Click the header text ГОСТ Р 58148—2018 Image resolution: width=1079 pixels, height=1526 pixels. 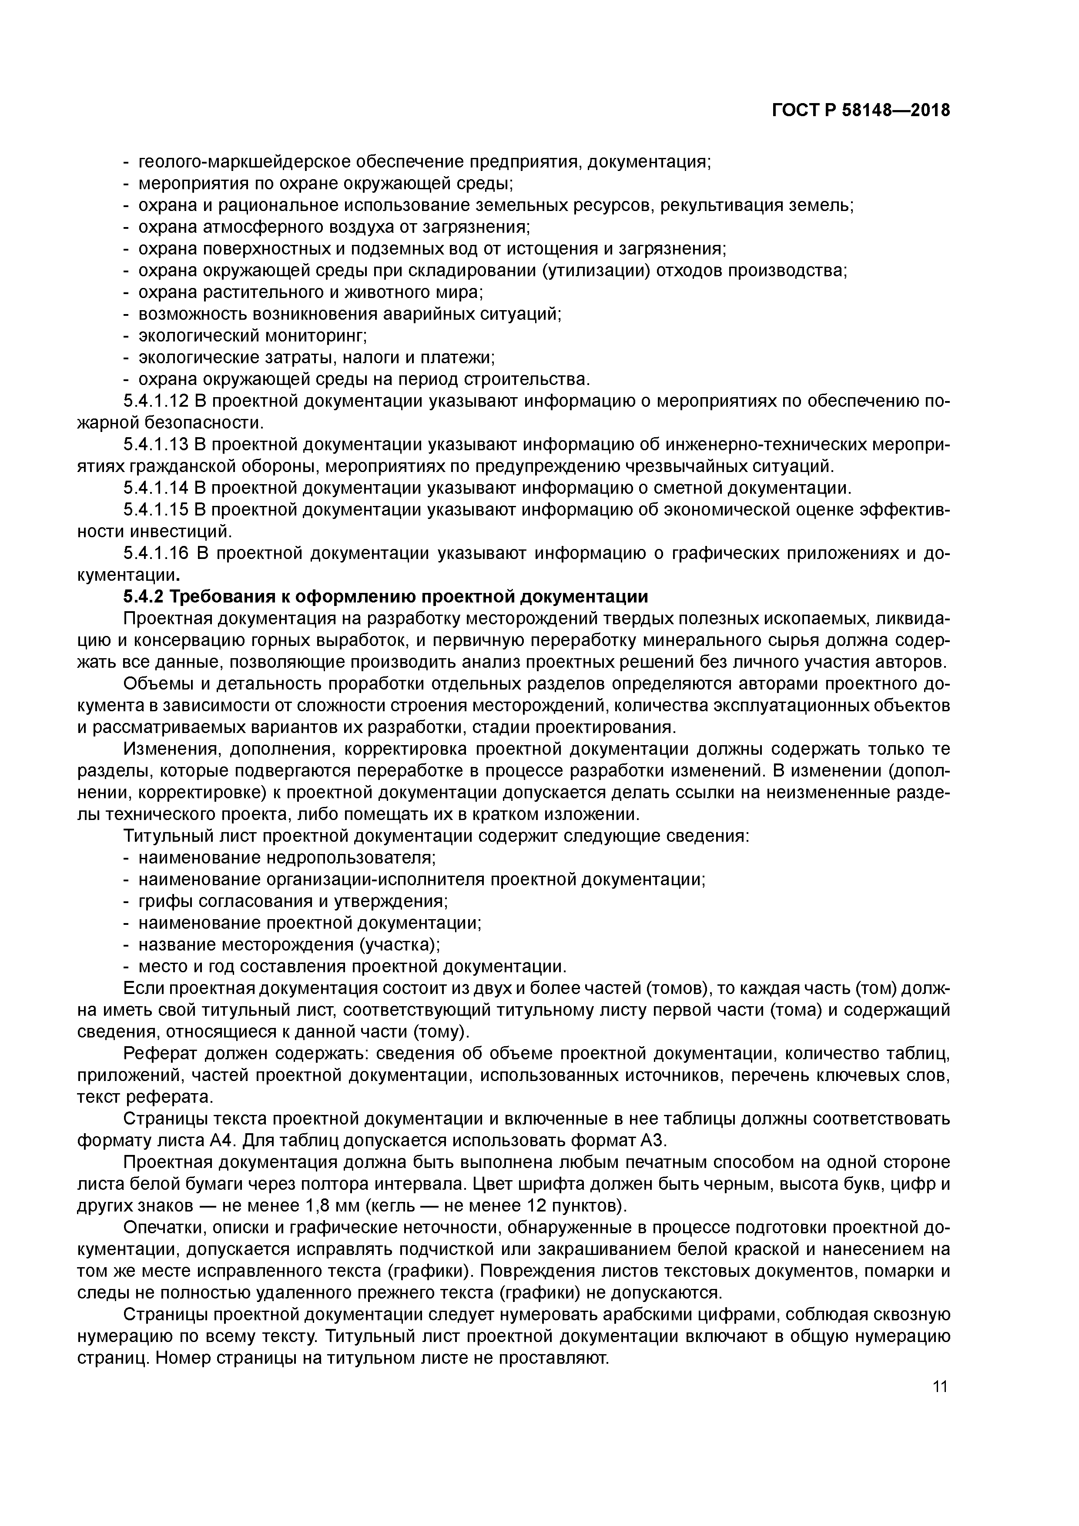[x=861, y=110]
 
